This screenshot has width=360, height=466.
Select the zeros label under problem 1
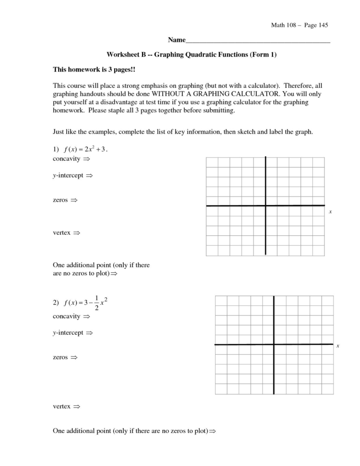tap(60, 199)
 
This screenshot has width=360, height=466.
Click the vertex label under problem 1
tap(61, 233)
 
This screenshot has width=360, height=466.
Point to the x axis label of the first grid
tap(330, 212)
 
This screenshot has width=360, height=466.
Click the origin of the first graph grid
tap(265, 206)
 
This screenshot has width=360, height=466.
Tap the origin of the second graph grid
tap(274, 344)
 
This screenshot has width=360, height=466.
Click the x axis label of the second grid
tap(338, 346)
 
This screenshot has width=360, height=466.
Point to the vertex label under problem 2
tap(61, 406)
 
